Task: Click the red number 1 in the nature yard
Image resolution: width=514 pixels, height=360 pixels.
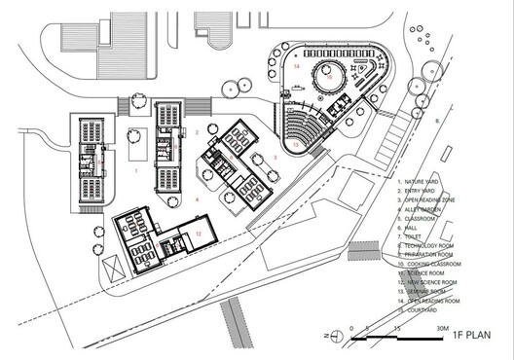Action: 136,169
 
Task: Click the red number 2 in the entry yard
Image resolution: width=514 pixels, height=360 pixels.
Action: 197,130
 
